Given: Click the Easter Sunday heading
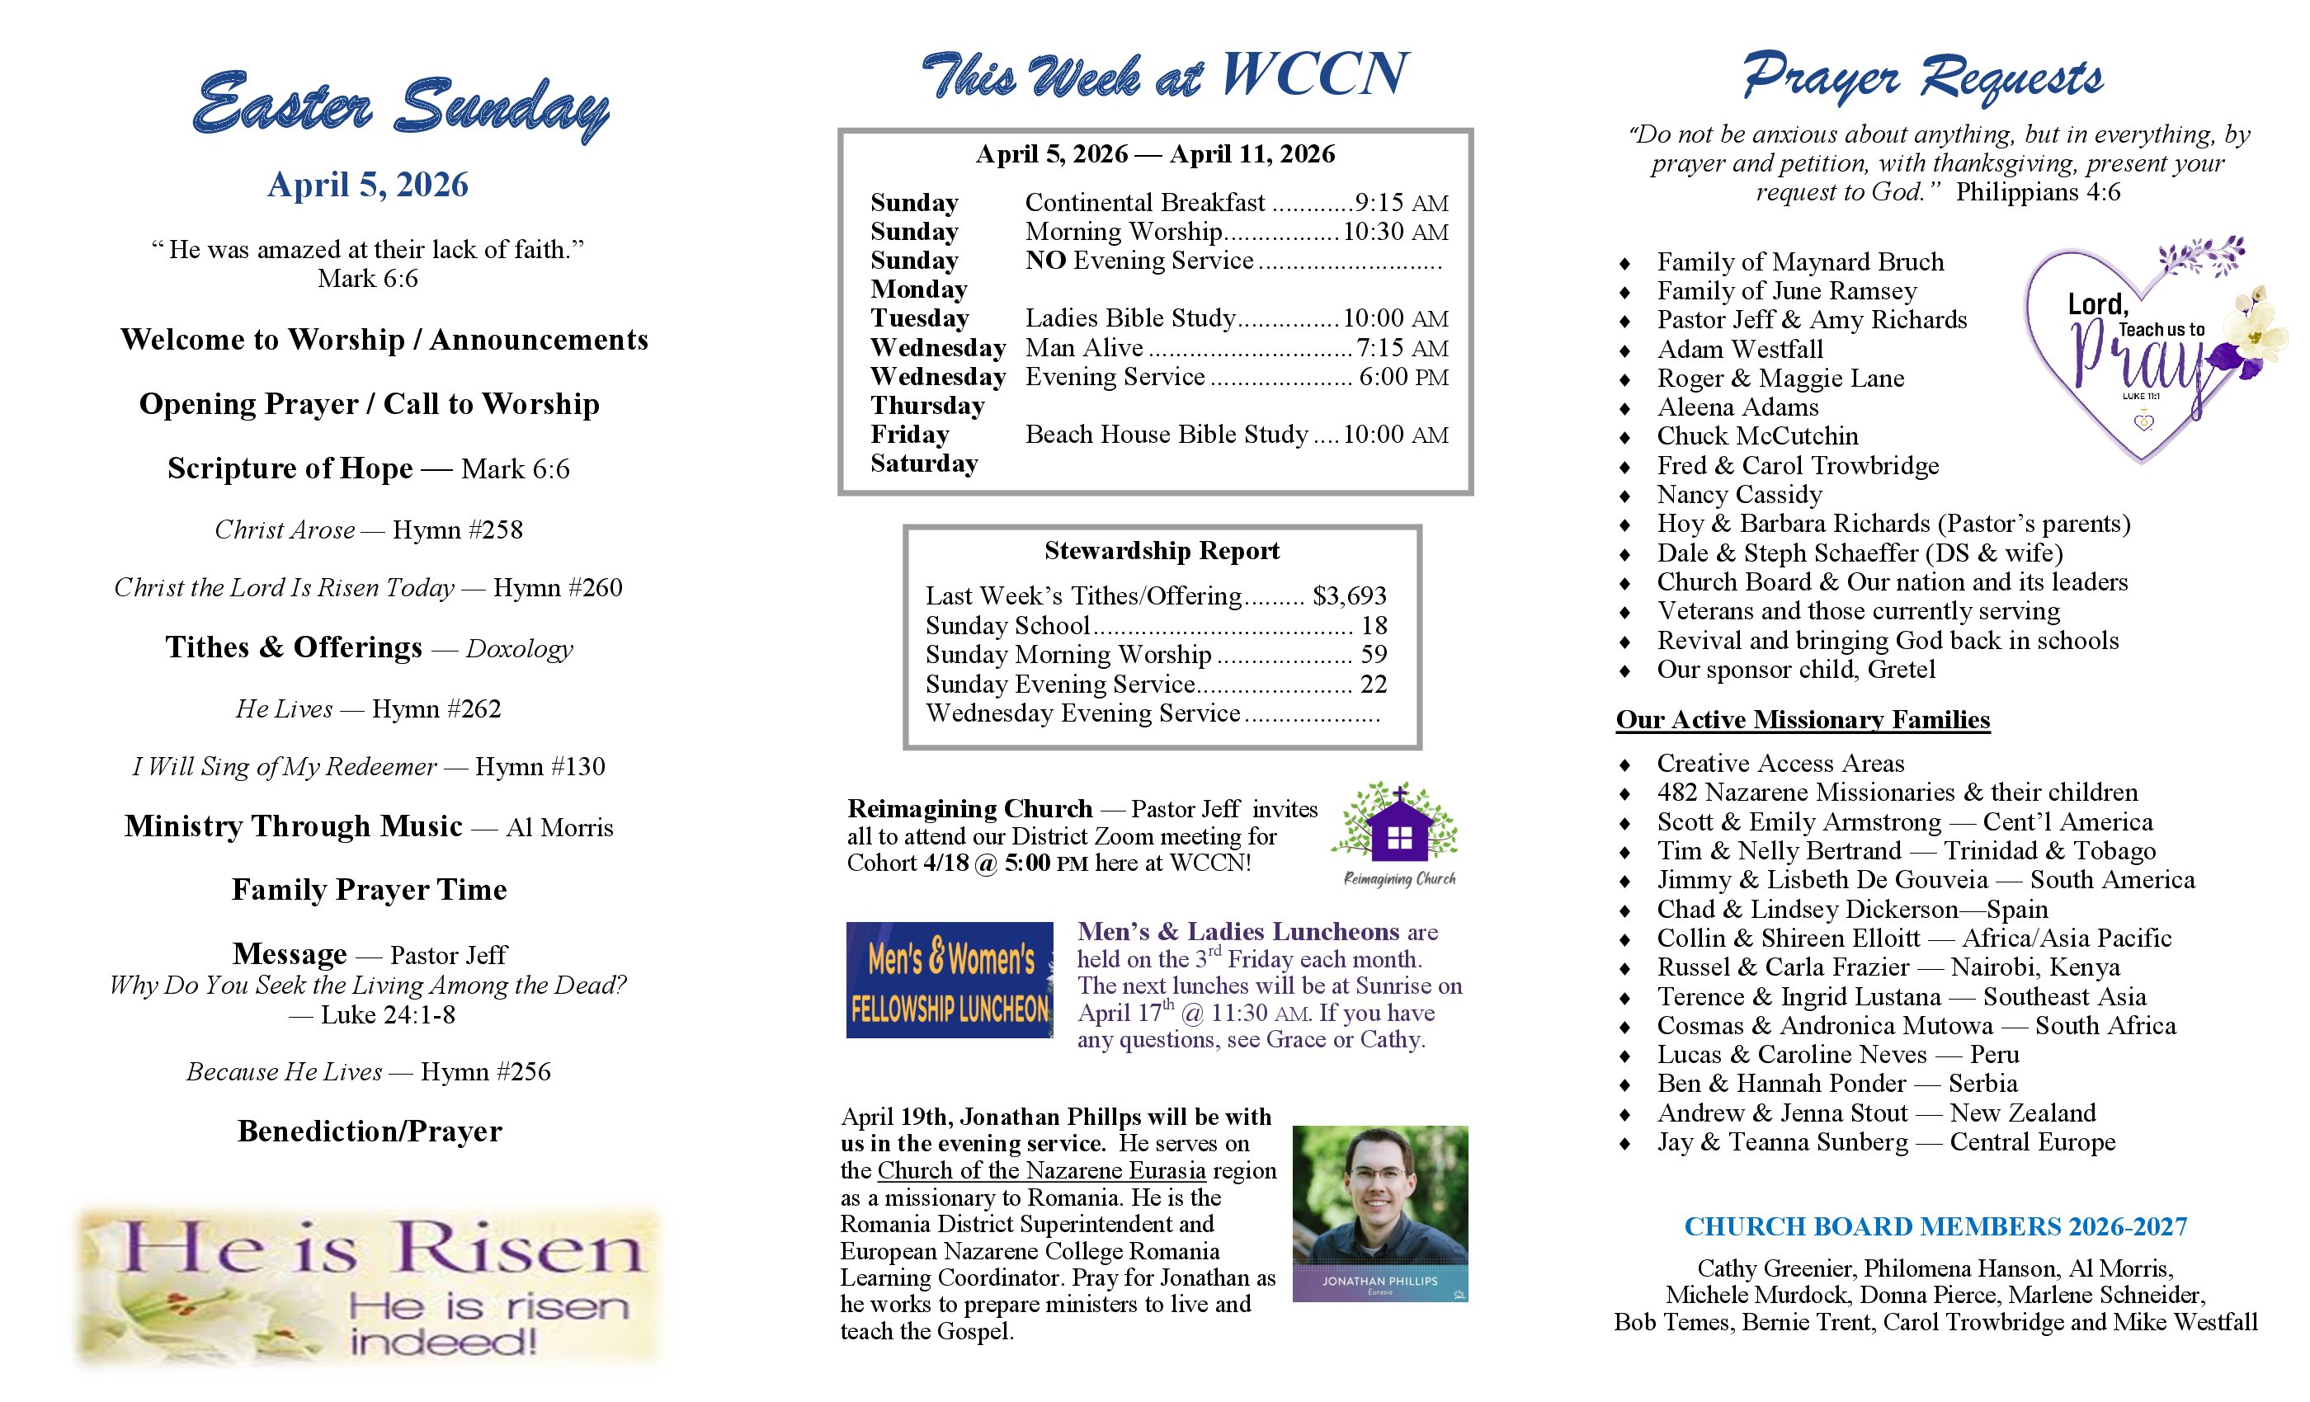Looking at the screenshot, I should [400, 105].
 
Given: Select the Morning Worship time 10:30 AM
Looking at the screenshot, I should [1395, 232].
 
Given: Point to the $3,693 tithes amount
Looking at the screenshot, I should [1349, 596].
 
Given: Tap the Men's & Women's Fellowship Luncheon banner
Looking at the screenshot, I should [949, 981].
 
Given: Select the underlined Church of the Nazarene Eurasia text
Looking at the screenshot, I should [1040, 1170].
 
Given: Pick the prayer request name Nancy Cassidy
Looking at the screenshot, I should [1739, 495].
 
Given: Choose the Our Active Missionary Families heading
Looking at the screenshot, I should [1802, 720].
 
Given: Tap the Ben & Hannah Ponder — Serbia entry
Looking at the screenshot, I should [1836, 1084].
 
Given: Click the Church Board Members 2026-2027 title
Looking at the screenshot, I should [1935, 1227].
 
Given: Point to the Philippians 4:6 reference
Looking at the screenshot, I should [2037, 192].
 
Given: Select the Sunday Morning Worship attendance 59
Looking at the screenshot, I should [1374, 655].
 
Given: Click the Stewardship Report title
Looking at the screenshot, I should [1162, 551].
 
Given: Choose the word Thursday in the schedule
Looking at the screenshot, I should [927, 406].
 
